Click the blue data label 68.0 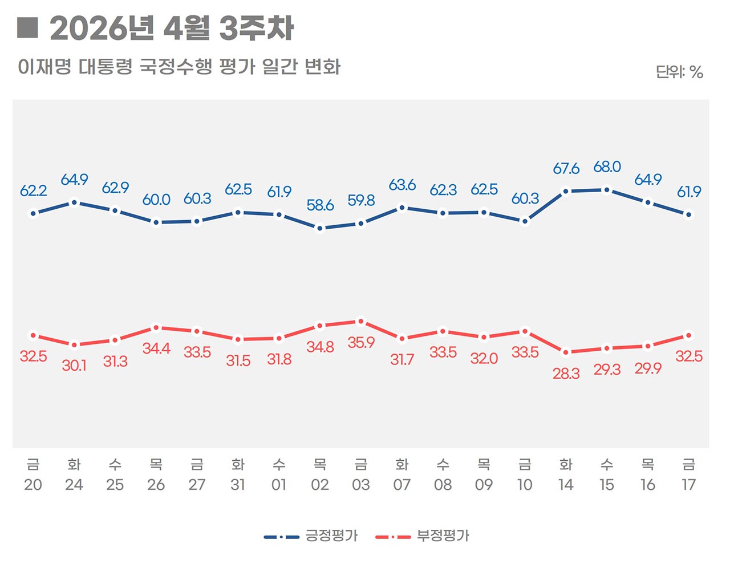607,167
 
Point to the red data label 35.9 361,343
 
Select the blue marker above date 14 566,192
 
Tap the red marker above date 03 360,321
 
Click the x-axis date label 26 156,485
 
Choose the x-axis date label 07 402,485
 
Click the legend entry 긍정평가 331,536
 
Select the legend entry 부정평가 443,536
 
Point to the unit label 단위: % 679,72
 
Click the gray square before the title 27,27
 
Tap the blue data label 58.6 320,205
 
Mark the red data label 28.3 566,374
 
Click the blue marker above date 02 320,228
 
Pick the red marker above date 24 74,345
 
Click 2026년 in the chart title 102,29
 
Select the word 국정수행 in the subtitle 176,67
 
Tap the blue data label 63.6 402,185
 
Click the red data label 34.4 156,348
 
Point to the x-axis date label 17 688,485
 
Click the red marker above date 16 648,346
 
